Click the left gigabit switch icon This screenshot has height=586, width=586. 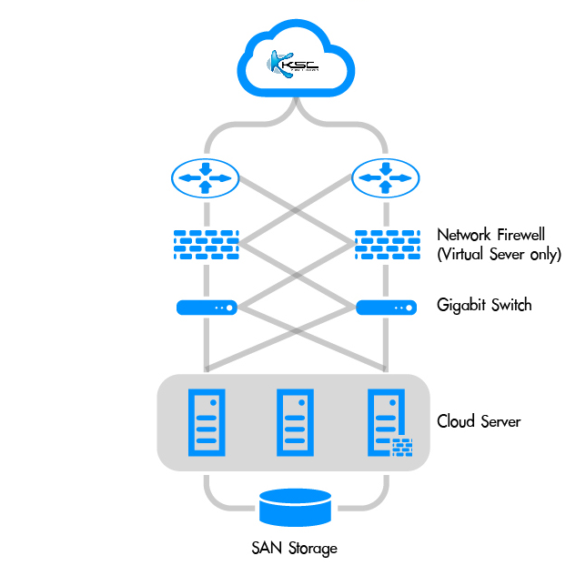(x=206, y=308)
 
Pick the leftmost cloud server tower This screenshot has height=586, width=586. (x=206, y=422)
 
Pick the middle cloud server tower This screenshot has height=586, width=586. (x=294, y=422)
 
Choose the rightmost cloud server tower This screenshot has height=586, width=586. (x=382, y=420)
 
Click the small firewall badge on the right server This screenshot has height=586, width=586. (x=401, y=447)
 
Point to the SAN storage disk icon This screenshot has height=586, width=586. (x=294, y=508)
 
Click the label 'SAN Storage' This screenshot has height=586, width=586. (x=294, y=548)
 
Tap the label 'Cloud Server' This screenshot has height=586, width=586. (x=479, y=421)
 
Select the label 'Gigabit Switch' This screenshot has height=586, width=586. (x=483, y=305)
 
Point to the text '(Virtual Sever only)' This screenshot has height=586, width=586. (x=499, y=255)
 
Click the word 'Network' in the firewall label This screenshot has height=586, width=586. (x=467, y=234)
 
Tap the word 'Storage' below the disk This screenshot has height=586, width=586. (x=312, y=548)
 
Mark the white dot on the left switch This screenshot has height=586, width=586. (x=228, y=308)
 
